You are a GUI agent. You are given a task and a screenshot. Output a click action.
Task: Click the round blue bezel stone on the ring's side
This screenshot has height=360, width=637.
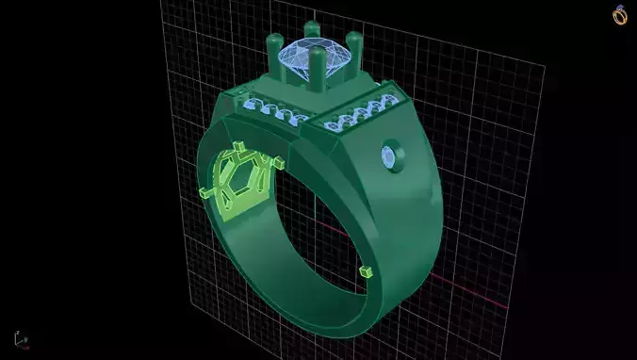click(389, 156)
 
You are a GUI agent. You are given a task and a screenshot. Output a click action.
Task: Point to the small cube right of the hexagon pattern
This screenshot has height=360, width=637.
click(279, 162)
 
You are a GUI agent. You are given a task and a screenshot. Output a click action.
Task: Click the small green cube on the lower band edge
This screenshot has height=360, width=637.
click(365, 271)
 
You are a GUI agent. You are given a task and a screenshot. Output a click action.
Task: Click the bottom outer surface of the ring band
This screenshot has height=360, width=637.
click(311, 320)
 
